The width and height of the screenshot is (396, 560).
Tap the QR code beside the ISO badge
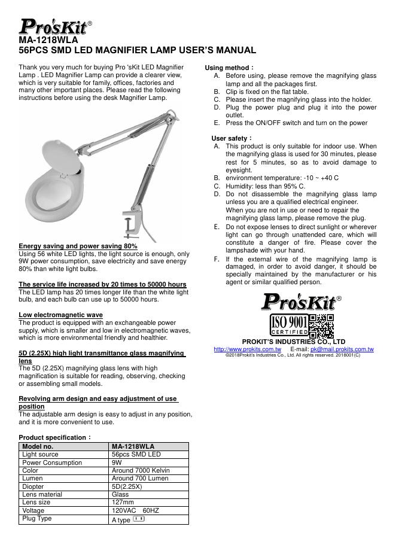[x=321, y=325]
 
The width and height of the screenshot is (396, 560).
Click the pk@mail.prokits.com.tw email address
[x=342, y=349]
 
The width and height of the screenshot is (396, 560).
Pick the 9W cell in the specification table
[x=117, y=462]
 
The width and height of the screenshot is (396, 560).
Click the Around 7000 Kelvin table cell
[x=141, y=471]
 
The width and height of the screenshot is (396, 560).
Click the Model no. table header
[x=38, y=446]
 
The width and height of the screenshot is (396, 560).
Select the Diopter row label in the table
[x=33, y=487]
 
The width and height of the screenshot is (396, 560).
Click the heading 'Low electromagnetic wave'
[x=60, y=315]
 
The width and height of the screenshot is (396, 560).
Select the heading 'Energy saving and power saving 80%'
[x=78, y=246]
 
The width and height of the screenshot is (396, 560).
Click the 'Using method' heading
[x=229, y=68]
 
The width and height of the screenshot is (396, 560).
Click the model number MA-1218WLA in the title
[x=49, y=40]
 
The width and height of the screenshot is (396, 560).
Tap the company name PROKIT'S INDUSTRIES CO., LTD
[x=293, y=342]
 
